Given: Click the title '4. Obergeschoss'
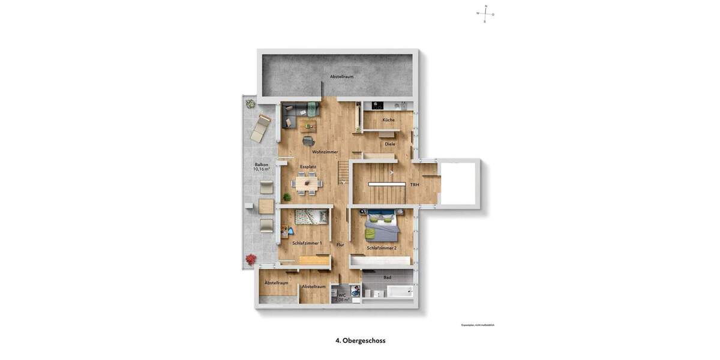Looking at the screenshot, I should click(x=360, y=340).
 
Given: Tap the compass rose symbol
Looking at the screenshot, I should click(x=485, y=13).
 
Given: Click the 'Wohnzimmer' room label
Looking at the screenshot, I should click(x=325, y=152).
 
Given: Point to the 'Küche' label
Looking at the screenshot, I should click(x=388, y=120).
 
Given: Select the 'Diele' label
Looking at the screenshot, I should click(x=390, y=144).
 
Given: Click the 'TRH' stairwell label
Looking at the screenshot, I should click(x=415, y=185).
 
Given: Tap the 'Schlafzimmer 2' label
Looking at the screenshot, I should click(x=382, y=248).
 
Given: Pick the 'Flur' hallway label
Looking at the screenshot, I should click(x=340, y=245).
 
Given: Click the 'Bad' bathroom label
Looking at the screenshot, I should click(x=388, y=277).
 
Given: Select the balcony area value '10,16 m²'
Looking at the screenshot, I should click(x=262, y=169).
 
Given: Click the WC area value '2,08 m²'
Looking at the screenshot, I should click(x=342, y=299).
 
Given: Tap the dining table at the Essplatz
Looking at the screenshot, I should click(x=307, y=183).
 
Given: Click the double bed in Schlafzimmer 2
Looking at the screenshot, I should click(x=382, y=226).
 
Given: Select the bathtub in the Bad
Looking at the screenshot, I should click(x=400, y=292).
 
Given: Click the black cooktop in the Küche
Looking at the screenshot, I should click(x=378, y=106).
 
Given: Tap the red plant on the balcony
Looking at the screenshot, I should click(x=251, y=260).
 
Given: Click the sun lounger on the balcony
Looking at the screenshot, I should click(x=262, y=127).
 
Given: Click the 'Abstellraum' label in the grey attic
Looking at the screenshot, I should click(x=341, y=77).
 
